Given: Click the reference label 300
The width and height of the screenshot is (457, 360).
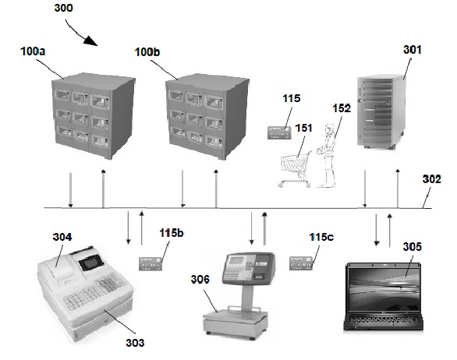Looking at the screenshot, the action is (x=63, y=8).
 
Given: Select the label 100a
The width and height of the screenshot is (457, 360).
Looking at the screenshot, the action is (x=33, y=51).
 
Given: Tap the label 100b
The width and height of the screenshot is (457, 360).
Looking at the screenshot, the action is (x=147, y=52).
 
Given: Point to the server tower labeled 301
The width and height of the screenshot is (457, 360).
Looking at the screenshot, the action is (x=381, y=111).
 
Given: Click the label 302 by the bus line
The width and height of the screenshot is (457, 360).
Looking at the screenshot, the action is (x=431, y=179).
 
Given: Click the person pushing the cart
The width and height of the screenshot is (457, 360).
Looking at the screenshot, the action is (x=327, y=156).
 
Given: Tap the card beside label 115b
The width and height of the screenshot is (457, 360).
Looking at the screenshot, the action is (x=151, y=264).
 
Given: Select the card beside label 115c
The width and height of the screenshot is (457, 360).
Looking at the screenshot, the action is (x=301, y=263).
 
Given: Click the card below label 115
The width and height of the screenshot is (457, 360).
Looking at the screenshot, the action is (x=279, y=132).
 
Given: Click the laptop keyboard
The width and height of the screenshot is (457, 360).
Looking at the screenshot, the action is (x=384, y=319).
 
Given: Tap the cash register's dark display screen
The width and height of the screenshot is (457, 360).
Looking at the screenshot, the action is (x=91, y=263).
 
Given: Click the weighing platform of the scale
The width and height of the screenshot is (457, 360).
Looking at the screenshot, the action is (x=236, y=316).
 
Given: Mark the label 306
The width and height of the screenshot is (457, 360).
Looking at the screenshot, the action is (x=200, y=280).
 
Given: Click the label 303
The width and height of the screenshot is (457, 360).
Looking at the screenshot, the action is (x=135, y=343).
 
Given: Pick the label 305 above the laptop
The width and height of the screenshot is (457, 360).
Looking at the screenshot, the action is (x=412, y=247).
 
